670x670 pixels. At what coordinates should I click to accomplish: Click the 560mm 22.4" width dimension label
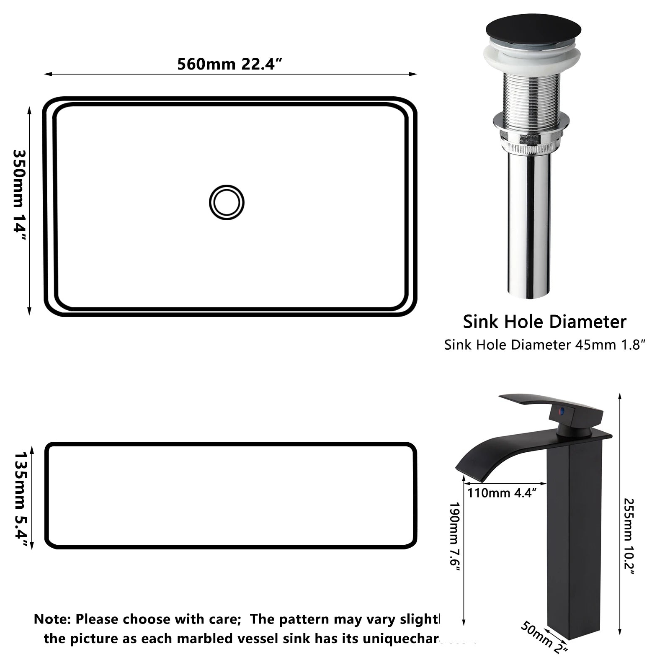pyautogui.click(x=230, y=64)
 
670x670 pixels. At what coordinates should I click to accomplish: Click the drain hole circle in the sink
pyautogui.click(x=227, y=202)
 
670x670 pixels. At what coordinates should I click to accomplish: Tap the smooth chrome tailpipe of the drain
pyautogui.click(x=529, y=222)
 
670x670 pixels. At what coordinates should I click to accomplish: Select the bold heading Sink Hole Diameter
pyautogui.click(x=544, y=322)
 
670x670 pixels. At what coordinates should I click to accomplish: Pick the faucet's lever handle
pyautogui.click(x=553, y=404)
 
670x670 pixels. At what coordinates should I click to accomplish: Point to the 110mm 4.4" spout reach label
pyautogui.click(x=502, y=493)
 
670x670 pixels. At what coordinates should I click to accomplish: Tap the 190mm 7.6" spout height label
pyautogui.click(x=454, y=534)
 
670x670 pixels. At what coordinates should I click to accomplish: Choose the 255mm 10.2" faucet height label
pyautogui.click(x=629, y=536)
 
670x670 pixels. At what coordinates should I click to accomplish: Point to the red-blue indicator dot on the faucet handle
pyautogui.click(x=562, y=411)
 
